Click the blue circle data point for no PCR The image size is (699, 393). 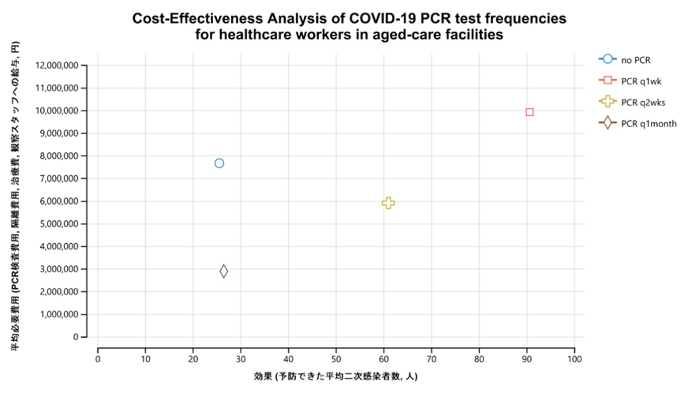click(219, 163)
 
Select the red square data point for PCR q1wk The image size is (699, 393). click(530, 112)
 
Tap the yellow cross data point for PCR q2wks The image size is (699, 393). click(388, 203)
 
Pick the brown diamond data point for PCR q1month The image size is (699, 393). click(224, 271)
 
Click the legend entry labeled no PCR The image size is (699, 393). click(636, 60)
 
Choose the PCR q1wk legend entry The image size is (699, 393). click(641, 81)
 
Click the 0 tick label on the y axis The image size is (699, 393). click(76, 337)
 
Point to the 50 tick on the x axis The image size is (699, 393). click(336, 359)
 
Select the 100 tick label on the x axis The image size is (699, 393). click(574, 359)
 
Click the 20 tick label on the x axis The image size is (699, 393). click(193, 359)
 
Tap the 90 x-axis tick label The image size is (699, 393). click(527, 359)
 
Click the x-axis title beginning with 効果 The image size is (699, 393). click(335, 376)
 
